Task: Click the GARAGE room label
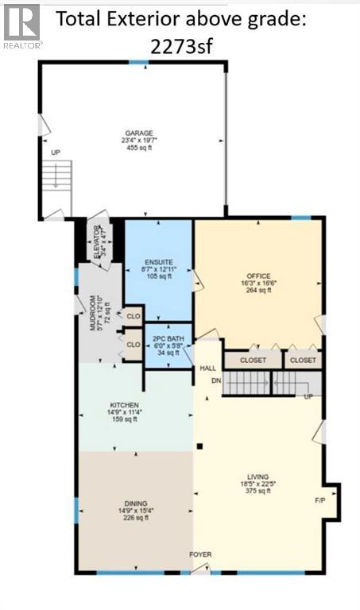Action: pos(138,133)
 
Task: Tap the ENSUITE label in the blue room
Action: pos(158,262)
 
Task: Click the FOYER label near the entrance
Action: pos(199,554)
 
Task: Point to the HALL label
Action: pos(207,369)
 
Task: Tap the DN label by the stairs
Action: pos(215,380)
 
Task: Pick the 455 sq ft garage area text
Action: pos(138,149)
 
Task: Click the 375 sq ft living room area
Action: pos(258,491)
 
